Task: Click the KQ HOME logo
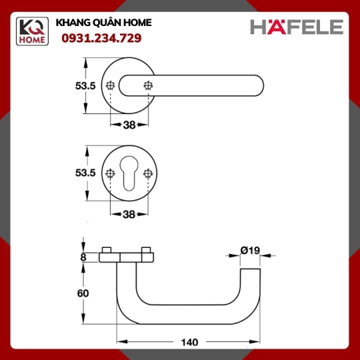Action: click(32, 31)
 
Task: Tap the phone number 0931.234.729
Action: click(101, 38)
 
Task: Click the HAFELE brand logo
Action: click(297, 27)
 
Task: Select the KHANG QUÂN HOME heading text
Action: click(103, 23)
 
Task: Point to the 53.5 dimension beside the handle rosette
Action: click(85, 86)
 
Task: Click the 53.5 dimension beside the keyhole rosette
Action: click(85, 173)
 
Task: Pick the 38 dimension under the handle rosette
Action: click(129, 125)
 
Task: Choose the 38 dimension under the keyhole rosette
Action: click(129, 215)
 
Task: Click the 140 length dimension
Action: click(189, 342)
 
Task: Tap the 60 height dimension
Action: click(83, 293)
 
